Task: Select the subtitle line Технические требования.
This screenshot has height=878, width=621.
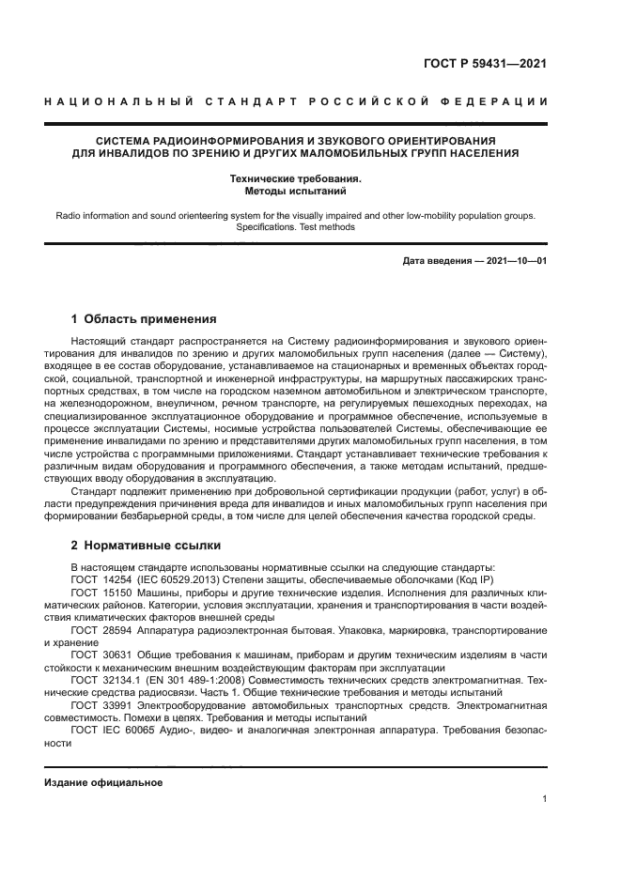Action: tap(296, 178)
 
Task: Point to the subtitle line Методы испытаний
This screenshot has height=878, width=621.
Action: tap(296, 190)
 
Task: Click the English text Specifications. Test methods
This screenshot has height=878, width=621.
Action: tap(296, 227)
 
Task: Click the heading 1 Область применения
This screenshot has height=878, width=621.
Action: tap(144, 318)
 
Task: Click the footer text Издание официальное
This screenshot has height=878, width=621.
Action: tap(104, 782)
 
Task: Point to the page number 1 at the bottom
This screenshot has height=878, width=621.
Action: tap(544, 799)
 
